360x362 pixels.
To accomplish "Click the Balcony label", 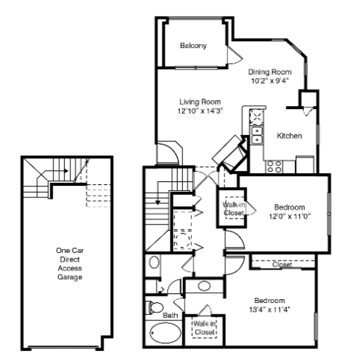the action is pyautogui.click(x=193, y=46).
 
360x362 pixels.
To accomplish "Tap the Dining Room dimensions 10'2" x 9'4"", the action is pyautogui.click(x=270, y=81).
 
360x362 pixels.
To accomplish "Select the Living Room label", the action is pyautogui.click(x=200, y=102).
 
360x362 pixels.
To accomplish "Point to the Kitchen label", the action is pyautogui.click(x=289, y=136).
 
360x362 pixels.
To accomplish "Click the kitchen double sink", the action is pyautogui.click(x=257, y=135).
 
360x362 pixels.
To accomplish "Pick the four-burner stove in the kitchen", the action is pyautogui.click(x=273, y=166).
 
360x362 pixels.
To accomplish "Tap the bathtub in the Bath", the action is pyautogui.click(x=166, y=333).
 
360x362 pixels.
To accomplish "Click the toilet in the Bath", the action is pyautogui.click(x=155, y=308).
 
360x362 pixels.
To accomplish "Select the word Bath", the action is pyautogui.click(x=170, y=316).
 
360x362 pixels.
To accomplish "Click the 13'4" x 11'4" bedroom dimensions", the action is pyautogui.click(x=270, y=310).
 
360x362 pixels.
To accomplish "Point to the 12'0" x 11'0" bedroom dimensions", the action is pyautogui.click(x=290, y=216).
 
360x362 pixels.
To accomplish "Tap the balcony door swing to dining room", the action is pyautogui.click(x=235, y=55).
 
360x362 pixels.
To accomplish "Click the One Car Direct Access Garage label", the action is pyautogui.click(x=69, y=263).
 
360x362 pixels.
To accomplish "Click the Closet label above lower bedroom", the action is pyautogui.click(x=282, y=264).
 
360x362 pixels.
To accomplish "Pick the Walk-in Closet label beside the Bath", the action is pyautogui.click(x=204, y=328).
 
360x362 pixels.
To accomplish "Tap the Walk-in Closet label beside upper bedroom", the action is pyautogui.click(x=234, y=209).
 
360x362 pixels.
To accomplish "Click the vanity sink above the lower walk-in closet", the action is pyautogui.click(x=205, y=286).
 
